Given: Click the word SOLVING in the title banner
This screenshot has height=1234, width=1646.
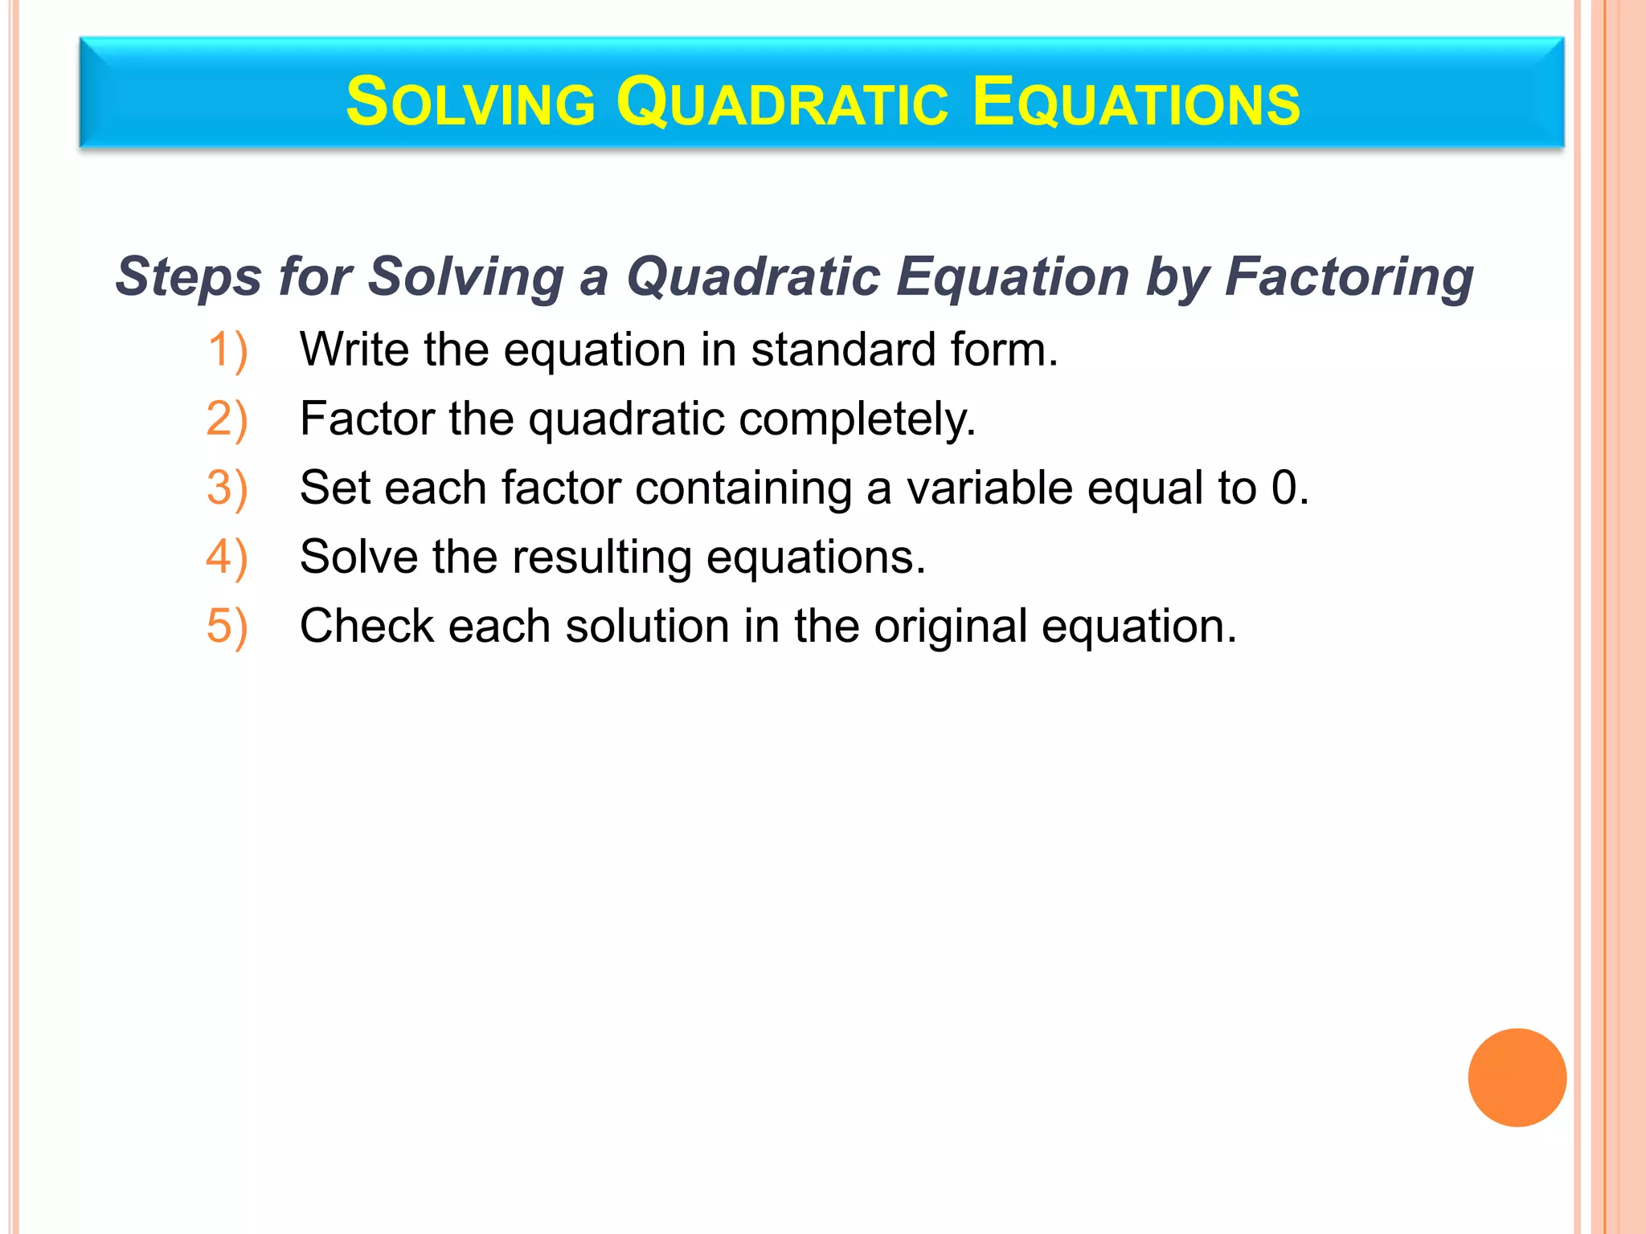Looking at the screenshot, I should pos(470,102).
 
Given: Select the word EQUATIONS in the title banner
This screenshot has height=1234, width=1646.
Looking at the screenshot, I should pos(1135,102).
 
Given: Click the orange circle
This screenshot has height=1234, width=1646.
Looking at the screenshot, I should pos(1517,1077).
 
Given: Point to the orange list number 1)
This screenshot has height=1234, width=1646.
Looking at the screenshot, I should pos(227,350).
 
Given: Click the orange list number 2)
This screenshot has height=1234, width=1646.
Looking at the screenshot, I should pos(227,419).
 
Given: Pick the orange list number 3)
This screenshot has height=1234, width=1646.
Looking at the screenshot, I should pos(227,488).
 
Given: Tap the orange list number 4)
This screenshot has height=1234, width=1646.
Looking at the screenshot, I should pos(227,558).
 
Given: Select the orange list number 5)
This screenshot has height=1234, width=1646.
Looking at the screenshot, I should pos(227,627).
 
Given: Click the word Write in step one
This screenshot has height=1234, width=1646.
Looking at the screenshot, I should pos(354,350).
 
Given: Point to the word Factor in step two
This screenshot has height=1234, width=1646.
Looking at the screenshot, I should pos(366,419).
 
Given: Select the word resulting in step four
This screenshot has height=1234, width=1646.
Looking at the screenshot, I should pos(601,558).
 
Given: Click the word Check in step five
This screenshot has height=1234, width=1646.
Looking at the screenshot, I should pos(366,627).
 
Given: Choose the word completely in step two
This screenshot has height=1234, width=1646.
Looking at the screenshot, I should pos(856,419).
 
